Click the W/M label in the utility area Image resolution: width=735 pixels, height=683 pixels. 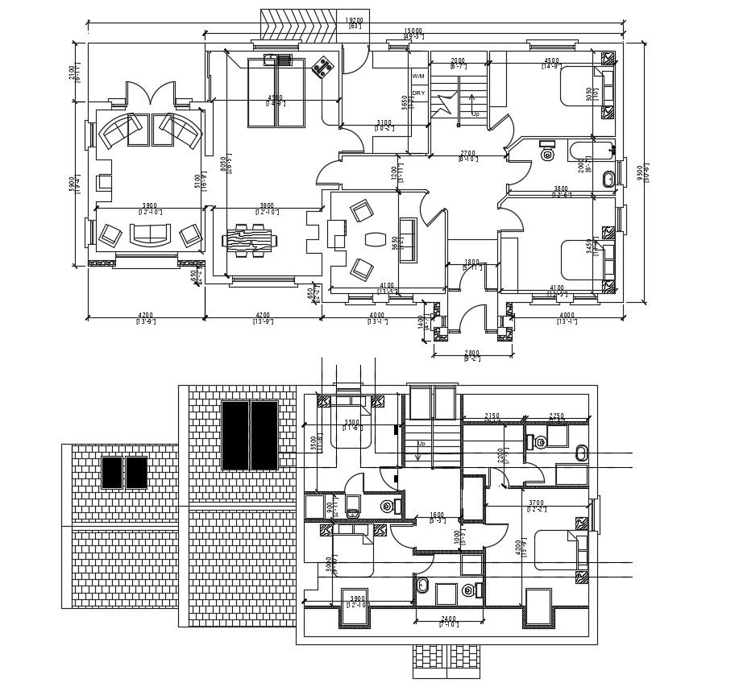[418, 77]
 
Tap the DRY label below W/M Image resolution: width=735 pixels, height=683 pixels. [418, 93]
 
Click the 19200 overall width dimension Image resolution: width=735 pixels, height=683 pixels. [355, 20]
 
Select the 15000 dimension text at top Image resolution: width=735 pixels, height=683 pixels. [413, 32]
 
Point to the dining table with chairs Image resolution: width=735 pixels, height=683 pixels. [251, 240]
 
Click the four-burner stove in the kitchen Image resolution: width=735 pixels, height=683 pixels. [322, 68]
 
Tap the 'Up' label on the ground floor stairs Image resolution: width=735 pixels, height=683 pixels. [475, 114]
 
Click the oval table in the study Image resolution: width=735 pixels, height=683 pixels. [375, 239]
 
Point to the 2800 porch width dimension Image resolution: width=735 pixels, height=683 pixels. [471, 353]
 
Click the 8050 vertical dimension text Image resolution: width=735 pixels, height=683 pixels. [223, 164]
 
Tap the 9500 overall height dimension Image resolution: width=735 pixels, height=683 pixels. [639, 172]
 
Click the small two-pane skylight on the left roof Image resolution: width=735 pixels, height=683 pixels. [125, 472]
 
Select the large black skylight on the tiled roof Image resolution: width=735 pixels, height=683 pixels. [250, 435]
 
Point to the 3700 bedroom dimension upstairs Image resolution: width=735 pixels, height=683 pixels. [536, 503]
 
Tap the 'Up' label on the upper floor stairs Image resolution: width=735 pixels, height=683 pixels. [420, 444]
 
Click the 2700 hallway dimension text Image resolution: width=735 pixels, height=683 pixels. [467, 153]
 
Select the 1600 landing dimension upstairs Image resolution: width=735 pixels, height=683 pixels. [437, 515]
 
